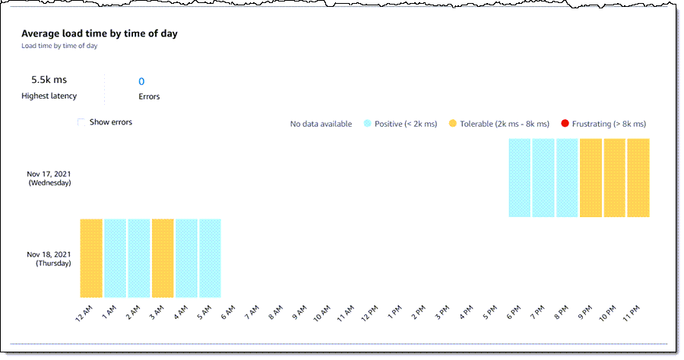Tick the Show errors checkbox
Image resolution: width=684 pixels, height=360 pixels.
point(81,122)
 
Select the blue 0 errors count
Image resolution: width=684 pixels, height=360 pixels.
point(141,81)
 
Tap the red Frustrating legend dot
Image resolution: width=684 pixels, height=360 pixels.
point(565,124)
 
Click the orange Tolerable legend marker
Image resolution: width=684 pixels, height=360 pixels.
point(452,124)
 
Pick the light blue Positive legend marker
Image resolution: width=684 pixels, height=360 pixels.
point(367,124)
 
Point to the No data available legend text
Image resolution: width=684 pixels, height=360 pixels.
point(321,124)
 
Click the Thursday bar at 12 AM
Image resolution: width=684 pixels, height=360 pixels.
point(91,258)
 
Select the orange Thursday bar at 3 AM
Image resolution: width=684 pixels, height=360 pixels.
point(163,258)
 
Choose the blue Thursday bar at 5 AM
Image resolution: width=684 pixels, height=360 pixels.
point(211,258)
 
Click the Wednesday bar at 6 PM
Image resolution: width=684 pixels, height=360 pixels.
point(520,178)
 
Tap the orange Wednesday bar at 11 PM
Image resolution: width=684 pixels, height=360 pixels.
point(638,178)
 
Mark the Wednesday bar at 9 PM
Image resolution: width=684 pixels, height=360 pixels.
point(591,178)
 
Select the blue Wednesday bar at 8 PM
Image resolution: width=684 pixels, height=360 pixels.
point(567,178)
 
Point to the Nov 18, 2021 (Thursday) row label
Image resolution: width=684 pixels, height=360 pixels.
point(50,258)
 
